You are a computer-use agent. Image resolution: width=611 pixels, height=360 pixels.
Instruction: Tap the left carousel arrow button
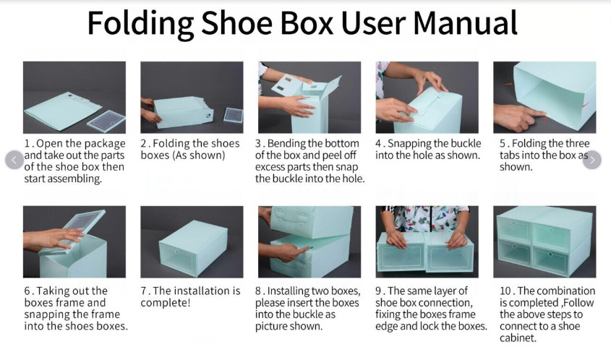click(x=14, y=160)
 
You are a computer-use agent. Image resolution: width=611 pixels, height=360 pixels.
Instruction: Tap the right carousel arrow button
click(x=591, y=160)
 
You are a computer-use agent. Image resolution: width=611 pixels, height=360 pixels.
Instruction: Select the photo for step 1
click(x=74, y=97)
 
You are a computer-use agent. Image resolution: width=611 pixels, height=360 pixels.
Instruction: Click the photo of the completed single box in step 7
click(x=192, y=241)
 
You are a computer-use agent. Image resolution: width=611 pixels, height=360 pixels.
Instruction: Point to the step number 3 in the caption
click(x=259, y=143)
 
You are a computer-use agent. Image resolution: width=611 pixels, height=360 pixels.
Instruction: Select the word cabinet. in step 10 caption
click(x=518, y=338)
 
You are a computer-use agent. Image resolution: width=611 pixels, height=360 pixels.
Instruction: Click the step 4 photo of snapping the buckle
click(x=427, y=97)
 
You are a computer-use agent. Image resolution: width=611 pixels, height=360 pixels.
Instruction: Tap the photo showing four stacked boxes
click(x=544, y=241)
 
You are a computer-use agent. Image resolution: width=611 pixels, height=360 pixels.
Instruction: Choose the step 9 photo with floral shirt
click(x=427, y=241)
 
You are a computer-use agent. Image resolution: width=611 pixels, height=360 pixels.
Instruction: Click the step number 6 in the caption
click(x=27, y=291)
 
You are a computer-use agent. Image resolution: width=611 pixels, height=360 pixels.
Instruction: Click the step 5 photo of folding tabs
click(x=544, y=97)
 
